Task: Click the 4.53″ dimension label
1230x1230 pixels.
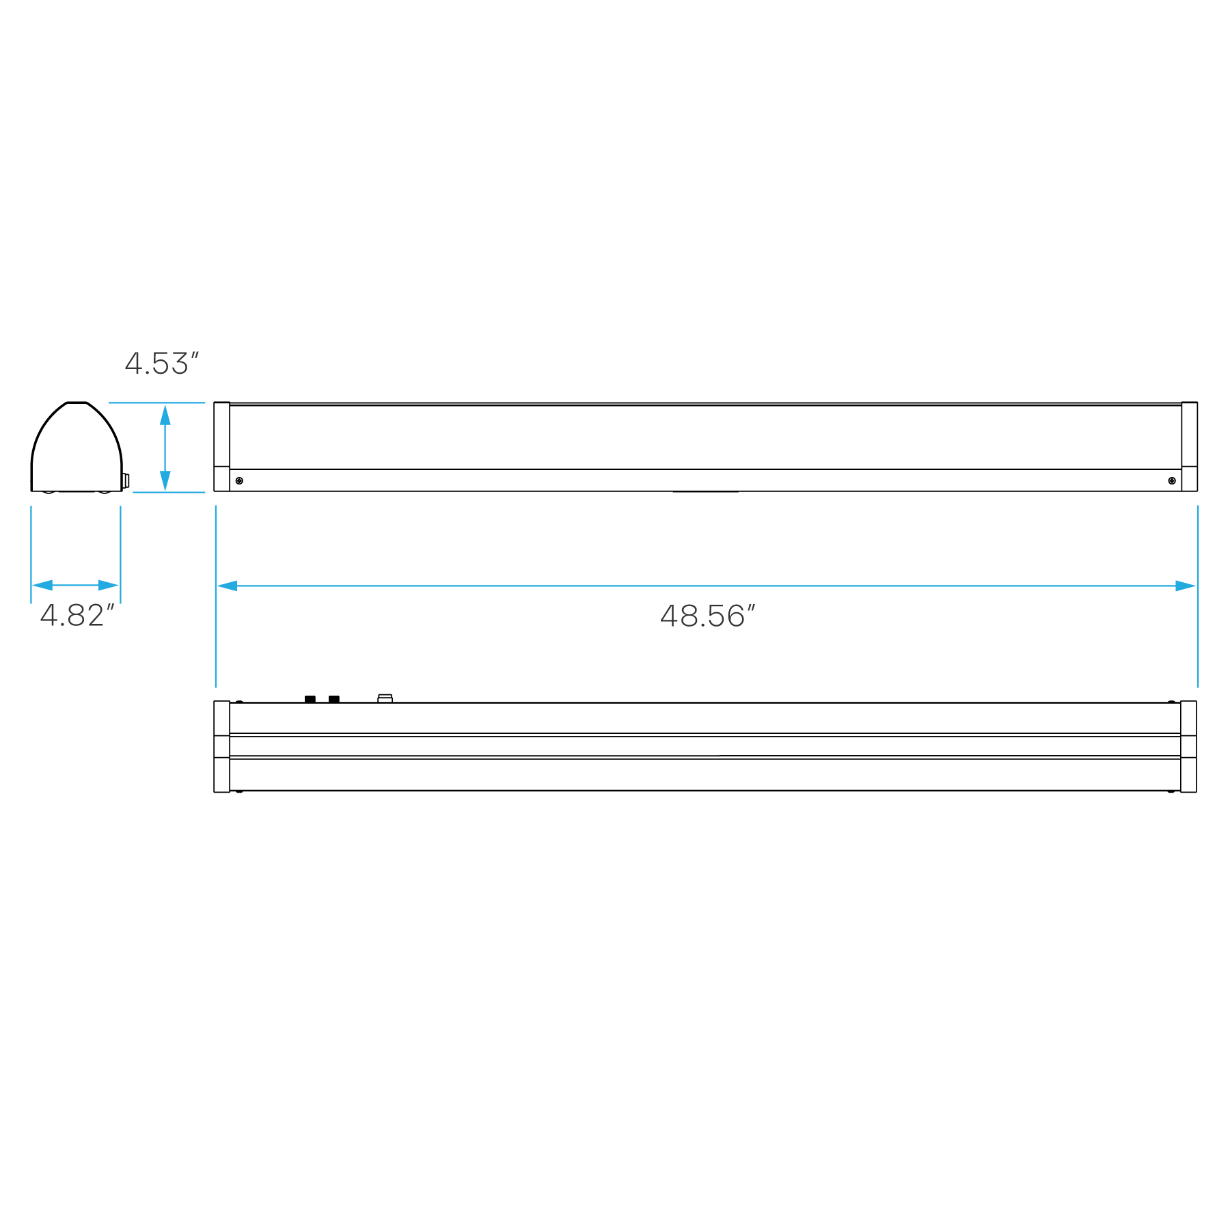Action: click(x=161, y=364)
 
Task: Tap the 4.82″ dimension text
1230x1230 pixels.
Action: click(x=76, y=616)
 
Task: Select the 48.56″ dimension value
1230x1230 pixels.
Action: click(x=707, y=616)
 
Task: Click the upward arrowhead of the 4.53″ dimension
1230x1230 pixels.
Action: click(x=165, y=415)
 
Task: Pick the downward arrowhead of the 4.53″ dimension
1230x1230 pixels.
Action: click(x=165, y=481)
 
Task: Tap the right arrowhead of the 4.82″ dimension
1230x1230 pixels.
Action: click(x=109, y=586)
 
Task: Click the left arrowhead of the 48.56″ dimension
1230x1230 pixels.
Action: click(x=227, y=586)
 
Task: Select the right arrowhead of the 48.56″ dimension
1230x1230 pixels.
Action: click(x=1186, y=586)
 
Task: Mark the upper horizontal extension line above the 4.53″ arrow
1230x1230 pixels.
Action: click(x=157, y=402)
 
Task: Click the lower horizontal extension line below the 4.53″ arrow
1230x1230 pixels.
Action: click(x=169, y=492)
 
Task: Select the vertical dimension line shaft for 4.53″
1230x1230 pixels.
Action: click(x=165, y=448)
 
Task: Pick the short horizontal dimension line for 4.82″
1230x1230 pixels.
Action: click(x=75, y=586)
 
